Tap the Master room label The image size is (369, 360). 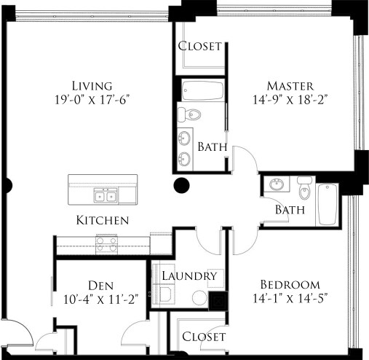(289, 85)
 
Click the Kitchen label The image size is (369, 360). (103, 219)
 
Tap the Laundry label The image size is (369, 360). (190, 276)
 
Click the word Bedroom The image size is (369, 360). (290, 283)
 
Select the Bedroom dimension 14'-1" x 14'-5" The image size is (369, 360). (290, 298)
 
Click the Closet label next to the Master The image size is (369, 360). (199, 46)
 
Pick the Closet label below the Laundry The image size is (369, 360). (203, 336)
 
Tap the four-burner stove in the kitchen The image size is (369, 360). (106, 244)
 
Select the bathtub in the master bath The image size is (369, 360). (203, 90)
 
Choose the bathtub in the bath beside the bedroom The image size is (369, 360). (327, 204)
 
